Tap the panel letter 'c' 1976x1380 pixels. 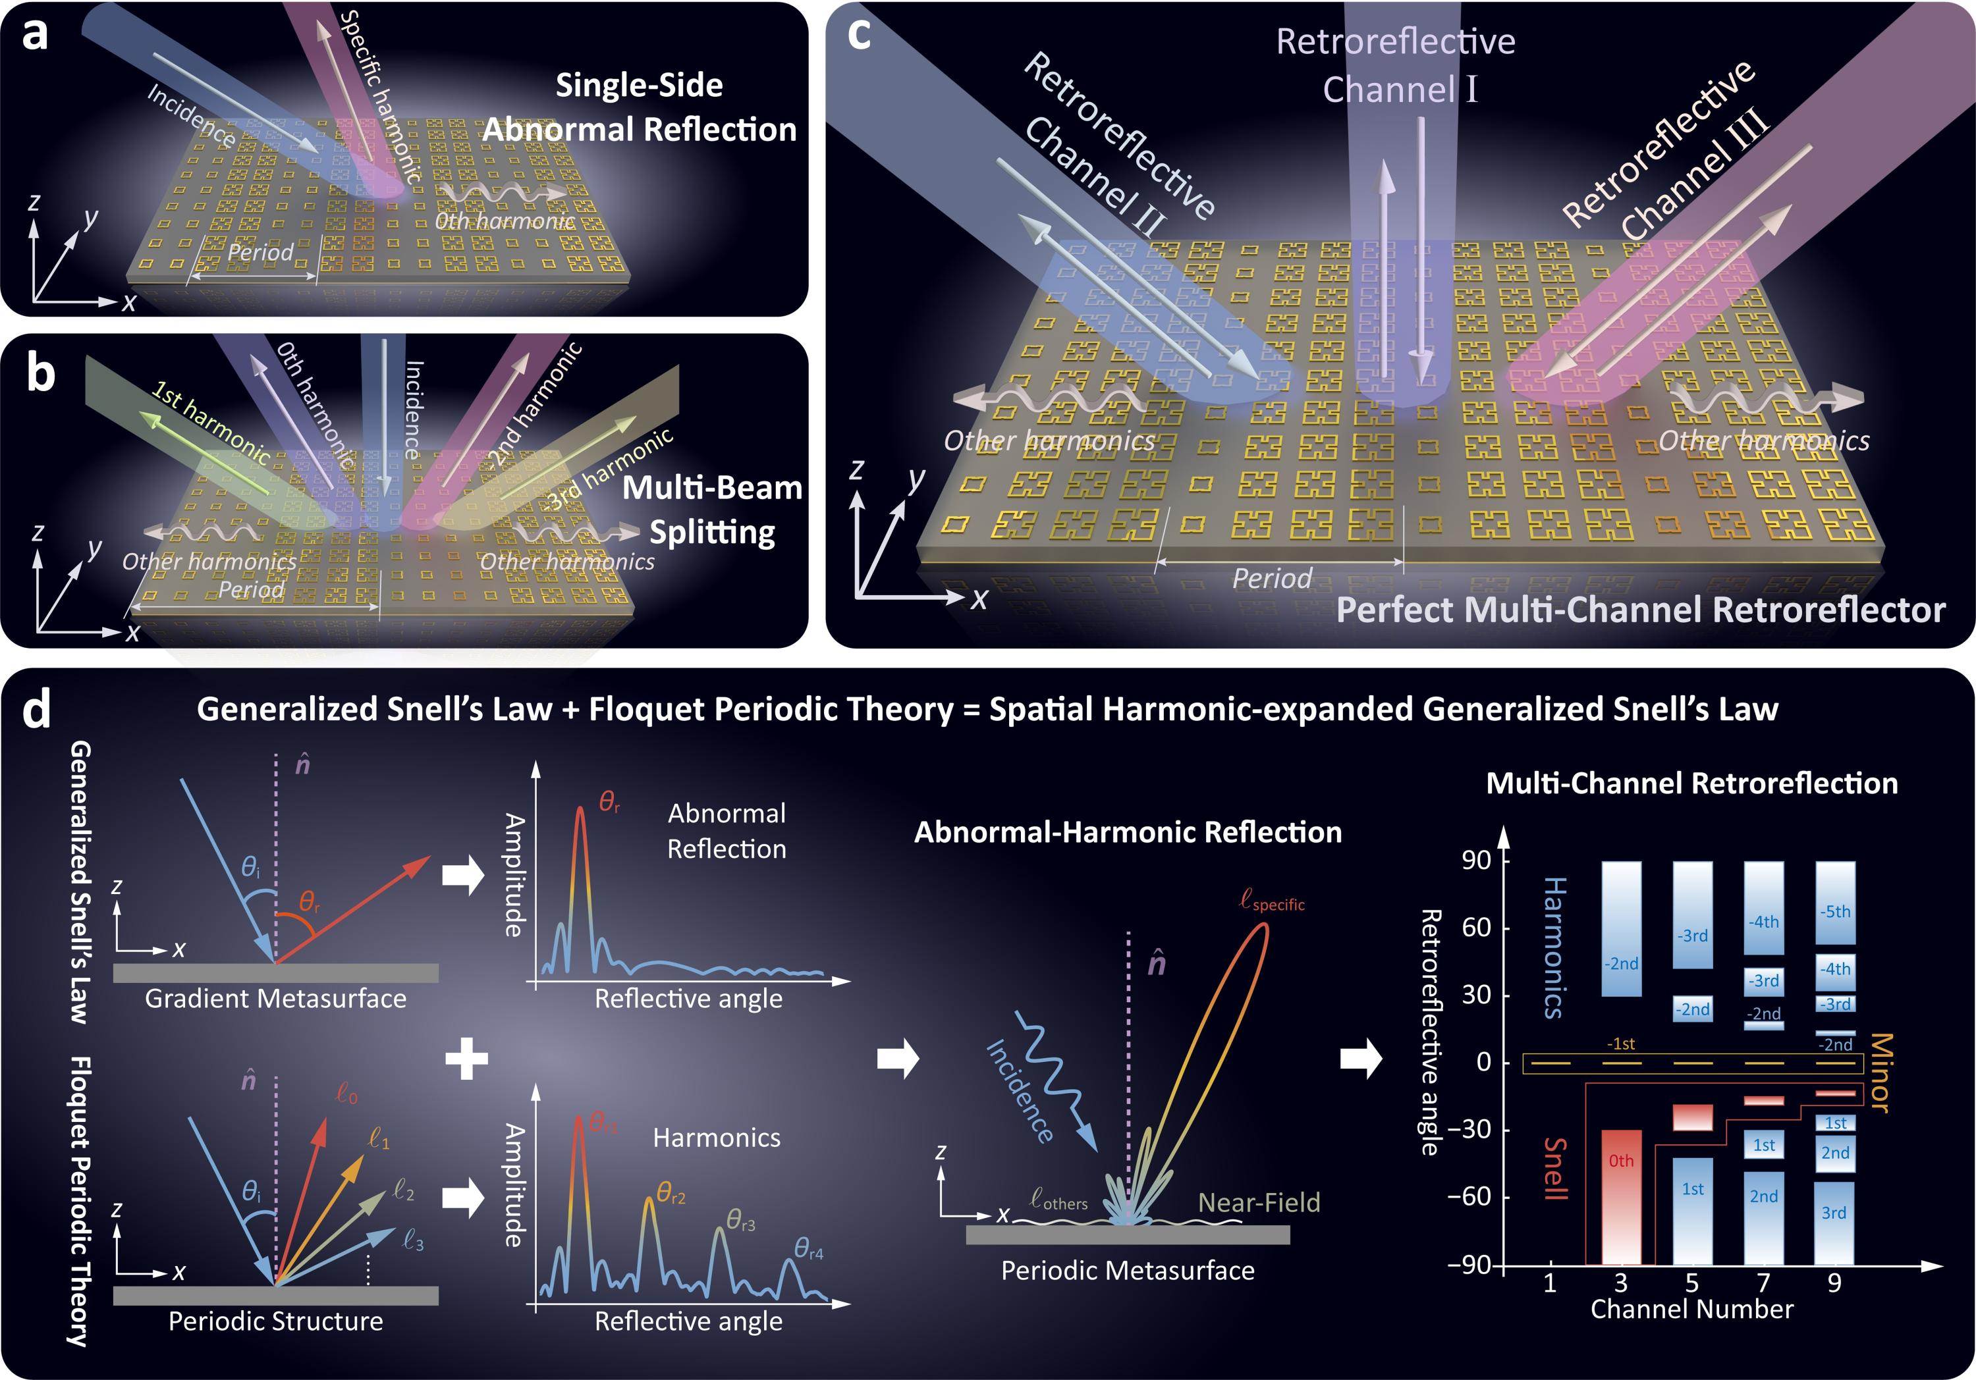(x=858, y=34)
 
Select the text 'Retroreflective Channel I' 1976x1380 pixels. (x=1395, y=65)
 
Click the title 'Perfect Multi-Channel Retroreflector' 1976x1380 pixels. (x=1640, y=610)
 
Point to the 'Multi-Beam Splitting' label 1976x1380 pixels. (x=713, y=510)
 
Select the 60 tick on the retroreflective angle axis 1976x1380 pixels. (x=1475, y=928)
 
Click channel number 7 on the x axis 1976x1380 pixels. (x=1763, y=1283)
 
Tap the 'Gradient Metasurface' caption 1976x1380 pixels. (x=275, y=999)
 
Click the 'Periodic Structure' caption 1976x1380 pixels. (x=275, y=1321)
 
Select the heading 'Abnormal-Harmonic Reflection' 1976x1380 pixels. (x=1128, y=832)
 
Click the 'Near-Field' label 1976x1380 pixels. (x=1259, y=1202)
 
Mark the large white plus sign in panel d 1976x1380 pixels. (x=467, y=1058)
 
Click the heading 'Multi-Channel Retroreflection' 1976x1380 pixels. (x=1692, y=783)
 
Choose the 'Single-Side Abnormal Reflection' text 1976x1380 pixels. (x=639, y=107)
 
